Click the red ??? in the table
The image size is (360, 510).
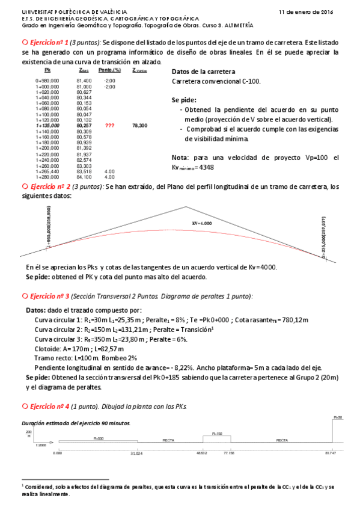point(109,126)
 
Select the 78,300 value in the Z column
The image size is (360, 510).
point(139,126)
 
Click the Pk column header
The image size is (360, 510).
point(47,70)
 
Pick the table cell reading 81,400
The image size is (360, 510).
point(84,80)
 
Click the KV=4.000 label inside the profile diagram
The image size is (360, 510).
point(202,223)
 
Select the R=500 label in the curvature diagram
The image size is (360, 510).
point(99,440)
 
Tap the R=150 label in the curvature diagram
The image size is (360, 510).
point(217,433)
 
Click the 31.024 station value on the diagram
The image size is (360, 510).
point(137,453)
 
